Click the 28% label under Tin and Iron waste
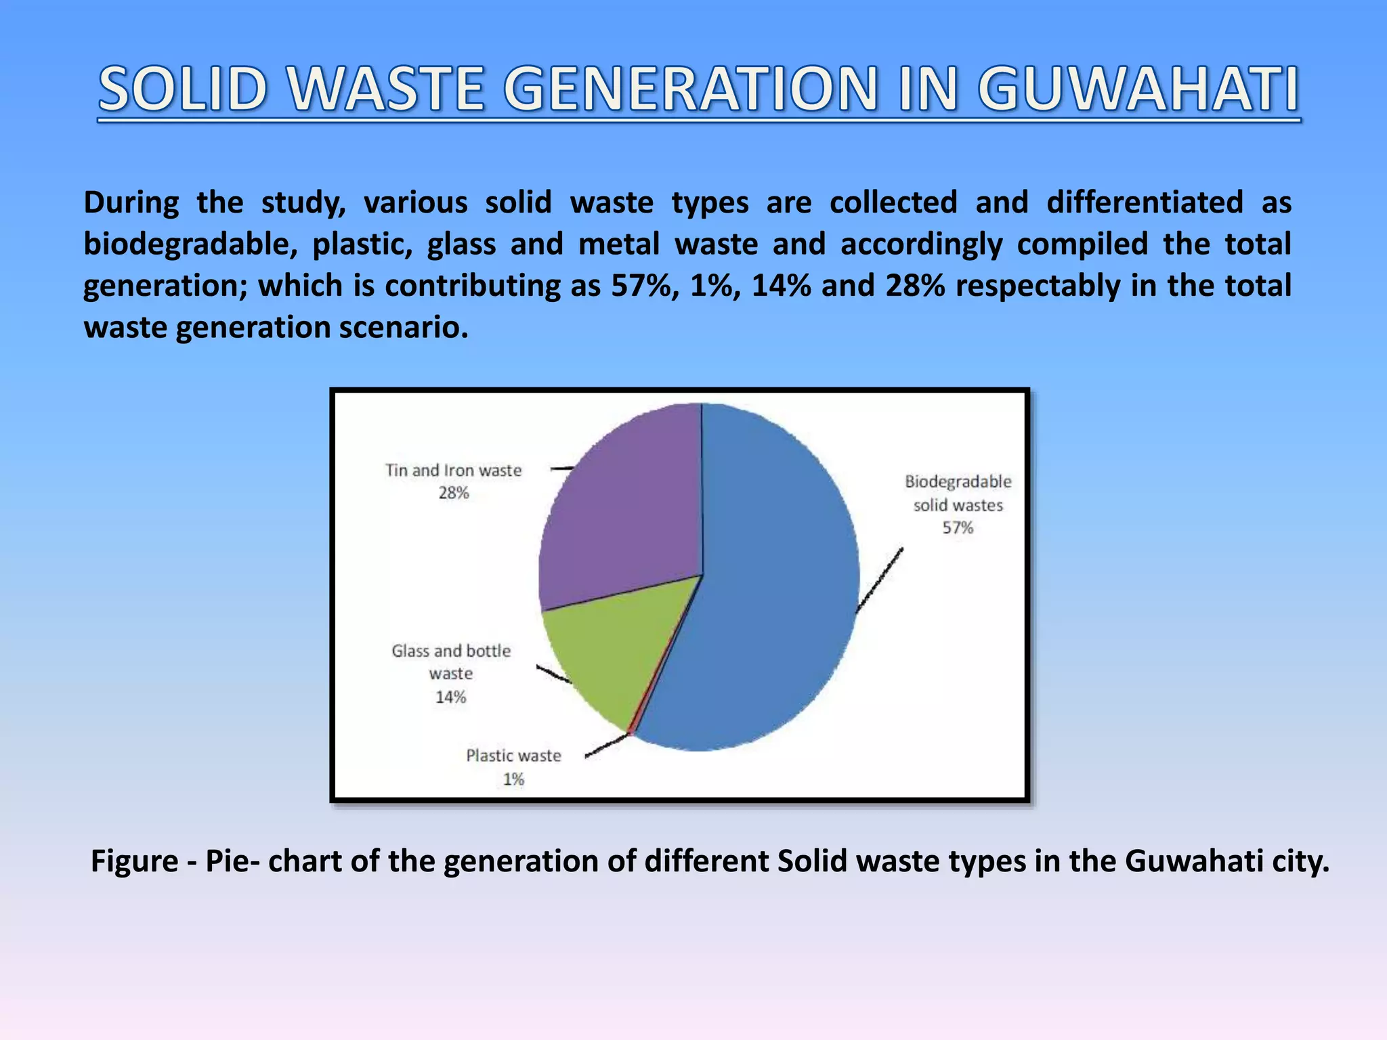click(x=453, y=493)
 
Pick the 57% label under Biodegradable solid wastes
click(x=958, y=528)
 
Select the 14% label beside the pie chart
click(x=450, y=697)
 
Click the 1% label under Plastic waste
click(x=513, y=779)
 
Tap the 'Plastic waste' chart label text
click(x=513, y=756)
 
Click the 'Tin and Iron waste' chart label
click(x=453, y=471)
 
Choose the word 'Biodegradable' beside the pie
click(x=958, y=481)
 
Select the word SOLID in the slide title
click(x=182, y=89)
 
